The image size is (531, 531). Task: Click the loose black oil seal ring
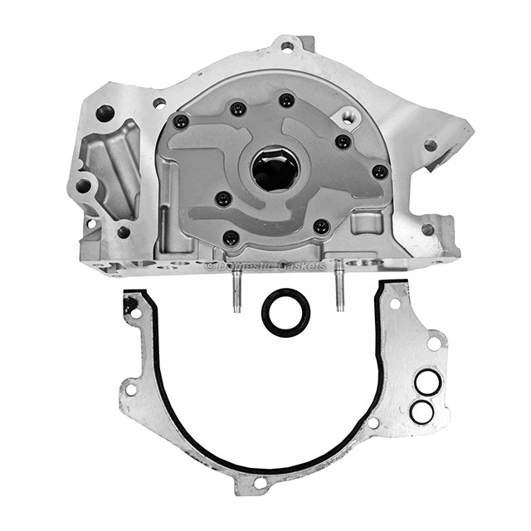286,312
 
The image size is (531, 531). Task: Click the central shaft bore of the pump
275,168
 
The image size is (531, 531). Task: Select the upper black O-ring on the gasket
427,382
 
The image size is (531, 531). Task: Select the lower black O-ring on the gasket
421,410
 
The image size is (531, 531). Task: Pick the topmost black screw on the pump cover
286,100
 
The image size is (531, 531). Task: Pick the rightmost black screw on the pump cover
379,172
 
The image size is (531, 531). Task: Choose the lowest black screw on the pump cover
231,238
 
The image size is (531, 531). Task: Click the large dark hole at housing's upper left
105,113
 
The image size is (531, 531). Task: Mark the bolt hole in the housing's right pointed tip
430,145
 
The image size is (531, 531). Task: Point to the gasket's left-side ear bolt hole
130,387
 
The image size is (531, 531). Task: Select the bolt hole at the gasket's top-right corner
396,304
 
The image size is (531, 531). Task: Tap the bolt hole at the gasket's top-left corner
133,312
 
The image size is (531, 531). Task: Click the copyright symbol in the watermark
210,265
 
